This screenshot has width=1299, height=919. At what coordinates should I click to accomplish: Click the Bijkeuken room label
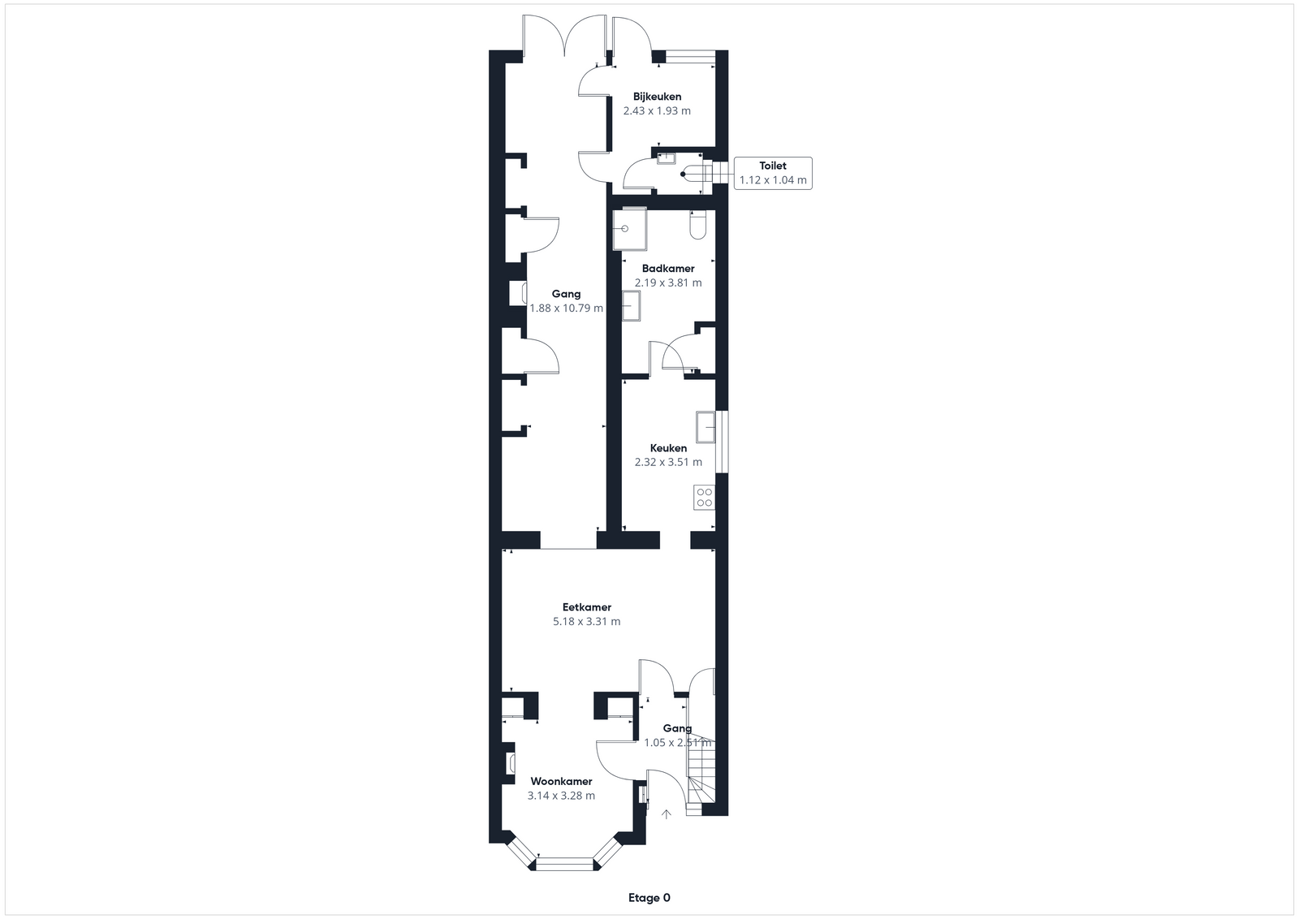657,97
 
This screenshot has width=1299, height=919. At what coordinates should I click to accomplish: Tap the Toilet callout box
773,173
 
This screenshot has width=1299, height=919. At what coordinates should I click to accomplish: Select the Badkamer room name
668,269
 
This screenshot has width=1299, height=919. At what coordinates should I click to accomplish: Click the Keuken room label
668,448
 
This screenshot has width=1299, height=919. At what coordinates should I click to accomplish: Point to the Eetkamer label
587,607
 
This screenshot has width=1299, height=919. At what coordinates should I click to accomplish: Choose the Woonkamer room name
561,782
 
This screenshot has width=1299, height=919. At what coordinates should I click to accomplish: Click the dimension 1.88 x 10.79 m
566,308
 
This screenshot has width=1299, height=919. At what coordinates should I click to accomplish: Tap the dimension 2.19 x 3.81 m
668,283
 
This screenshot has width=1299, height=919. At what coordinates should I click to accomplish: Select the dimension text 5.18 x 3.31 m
587,622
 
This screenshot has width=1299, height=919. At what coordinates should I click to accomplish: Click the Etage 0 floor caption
649,898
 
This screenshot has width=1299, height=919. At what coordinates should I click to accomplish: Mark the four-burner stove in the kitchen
705,498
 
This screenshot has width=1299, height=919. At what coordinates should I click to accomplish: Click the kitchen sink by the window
706,427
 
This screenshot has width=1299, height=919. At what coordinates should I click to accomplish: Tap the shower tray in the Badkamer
630,229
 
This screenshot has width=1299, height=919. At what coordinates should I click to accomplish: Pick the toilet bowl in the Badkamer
697,225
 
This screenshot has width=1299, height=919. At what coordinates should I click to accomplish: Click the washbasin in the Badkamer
631,306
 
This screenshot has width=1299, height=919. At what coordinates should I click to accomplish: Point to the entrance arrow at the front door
667,814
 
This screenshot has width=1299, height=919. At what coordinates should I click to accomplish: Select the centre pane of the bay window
565,865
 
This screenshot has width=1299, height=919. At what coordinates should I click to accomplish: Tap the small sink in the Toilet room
667,158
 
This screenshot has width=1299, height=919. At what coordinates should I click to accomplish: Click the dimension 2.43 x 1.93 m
657,110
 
